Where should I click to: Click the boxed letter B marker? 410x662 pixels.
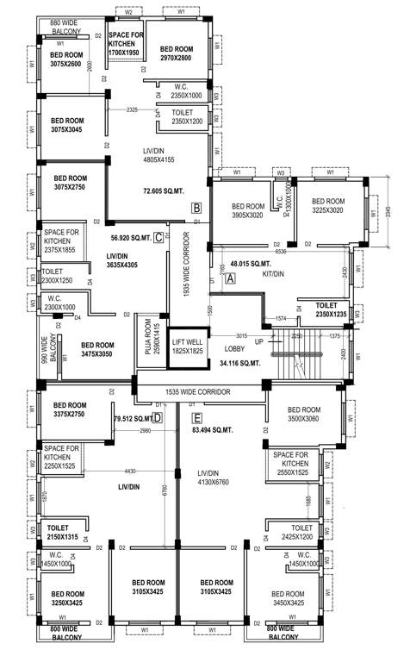tap(196, 208)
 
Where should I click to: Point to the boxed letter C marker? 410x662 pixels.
tap(158, 238)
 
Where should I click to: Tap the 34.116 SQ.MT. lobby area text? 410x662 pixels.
tap(240, 363)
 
